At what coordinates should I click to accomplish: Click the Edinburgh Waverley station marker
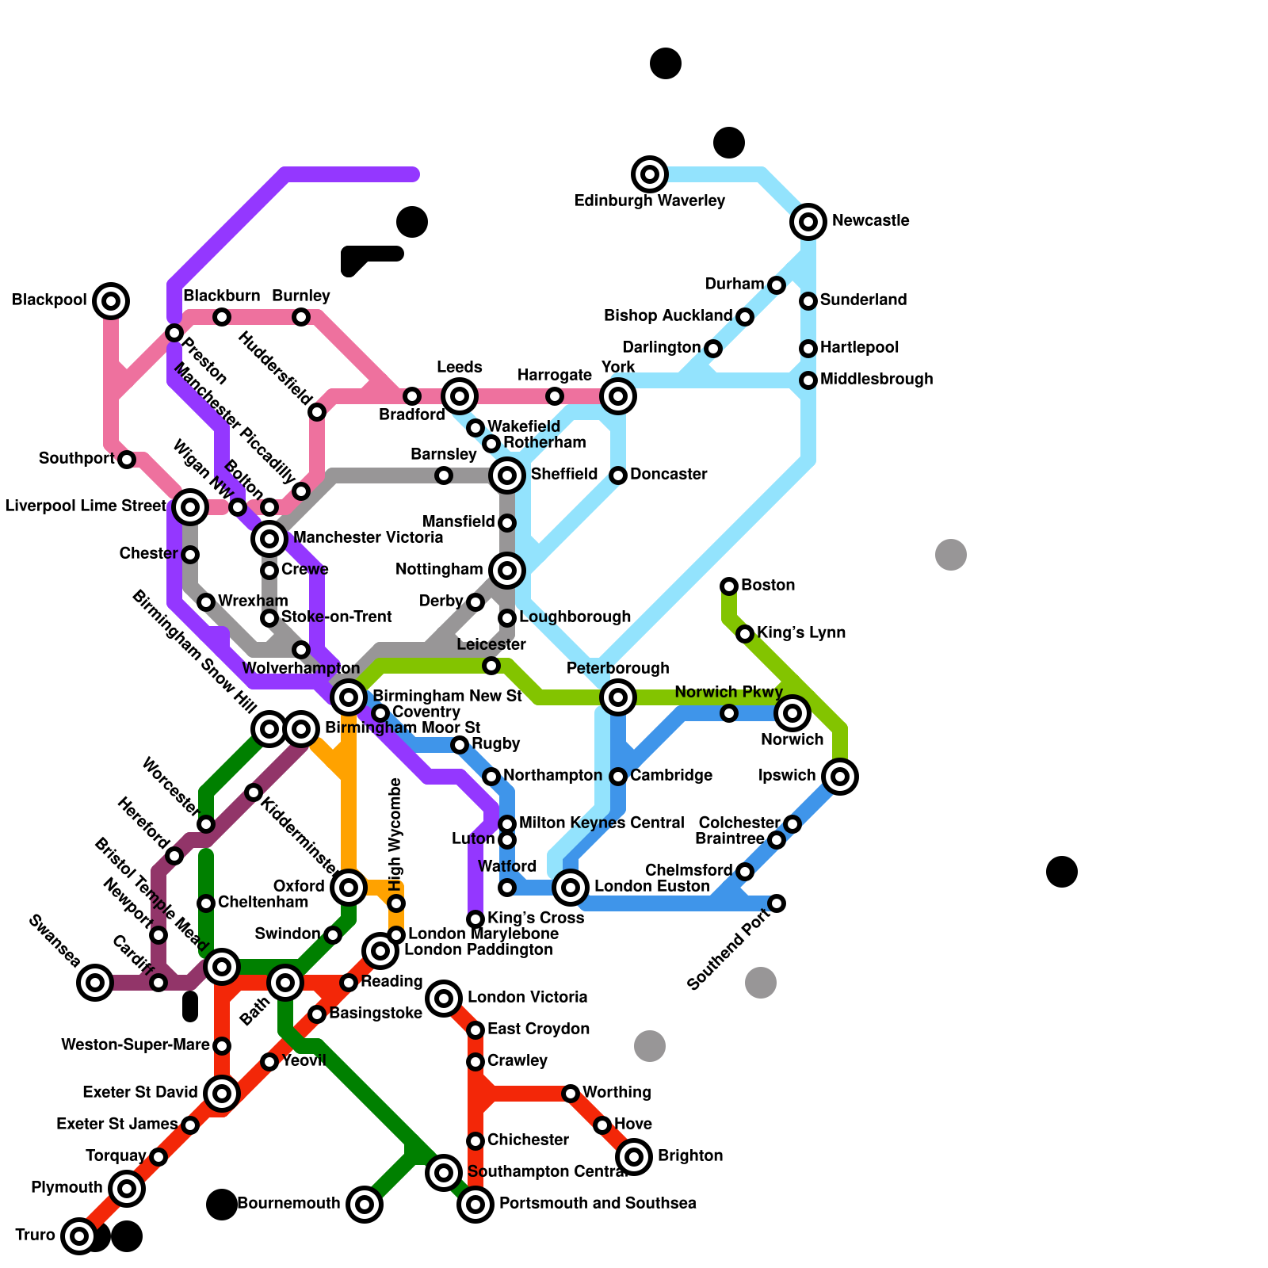650,174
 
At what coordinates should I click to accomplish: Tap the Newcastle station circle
808,222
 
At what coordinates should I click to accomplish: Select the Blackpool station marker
111,301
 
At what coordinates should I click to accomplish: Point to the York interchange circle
618,396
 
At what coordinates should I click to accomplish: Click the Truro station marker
79,1236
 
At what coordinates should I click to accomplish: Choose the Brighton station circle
634,1157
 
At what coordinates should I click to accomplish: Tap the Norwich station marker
792,713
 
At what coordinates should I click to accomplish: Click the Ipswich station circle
840,777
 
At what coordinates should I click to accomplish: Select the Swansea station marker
95,983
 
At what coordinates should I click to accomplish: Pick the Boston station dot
729,586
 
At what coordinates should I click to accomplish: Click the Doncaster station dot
618,475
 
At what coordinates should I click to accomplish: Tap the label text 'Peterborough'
617,669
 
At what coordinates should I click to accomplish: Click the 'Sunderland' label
863,300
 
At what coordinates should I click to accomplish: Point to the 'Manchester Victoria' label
368,538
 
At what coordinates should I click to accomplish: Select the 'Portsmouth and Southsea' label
598,1204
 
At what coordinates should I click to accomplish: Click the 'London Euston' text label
651,887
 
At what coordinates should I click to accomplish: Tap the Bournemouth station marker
365,1205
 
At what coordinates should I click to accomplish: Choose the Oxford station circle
349,888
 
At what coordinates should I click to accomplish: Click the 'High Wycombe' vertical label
396,834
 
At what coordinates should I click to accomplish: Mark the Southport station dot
127,460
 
